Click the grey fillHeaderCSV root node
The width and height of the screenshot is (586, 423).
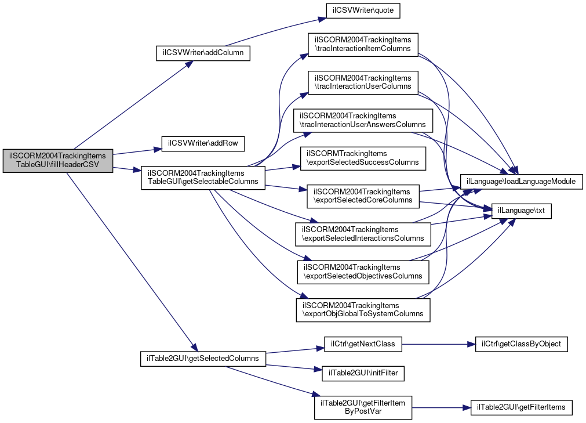(57, 161)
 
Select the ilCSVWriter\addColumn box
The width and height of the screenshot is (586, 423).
(203, 53)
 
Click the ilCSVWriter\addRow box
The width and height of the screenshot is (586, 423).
(203, 142)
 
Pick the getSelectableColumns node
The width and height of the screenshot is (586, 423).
(203, 178)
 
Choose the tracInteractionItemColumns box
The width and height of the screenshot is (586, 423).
(363, 44)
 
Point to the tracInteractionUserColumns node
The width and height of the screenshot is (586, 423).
(363, 82)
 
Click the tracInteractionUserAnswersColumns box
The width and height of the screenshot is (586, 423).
(363, 120)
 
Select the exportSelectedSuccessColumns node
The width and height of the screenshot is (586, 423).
(363, 158)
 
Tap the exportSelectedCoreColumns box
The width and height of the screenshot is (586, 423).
(363, 196)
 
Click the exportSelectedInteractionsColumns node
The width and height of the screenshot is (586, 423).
(363, 234)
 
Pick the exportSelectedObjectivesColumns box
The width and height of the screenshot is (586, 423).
(363, 272)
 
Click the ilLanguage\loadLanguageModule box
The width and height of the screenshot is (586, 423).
(521, 182)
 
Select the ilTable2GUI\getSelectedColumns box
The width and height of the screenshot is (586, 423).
(203, 358)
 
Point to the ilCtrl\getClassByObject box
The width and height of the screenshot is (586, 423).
(521, 344)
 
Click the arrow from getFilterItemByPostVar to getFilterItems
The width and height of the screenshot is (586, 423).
(441, 407)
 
